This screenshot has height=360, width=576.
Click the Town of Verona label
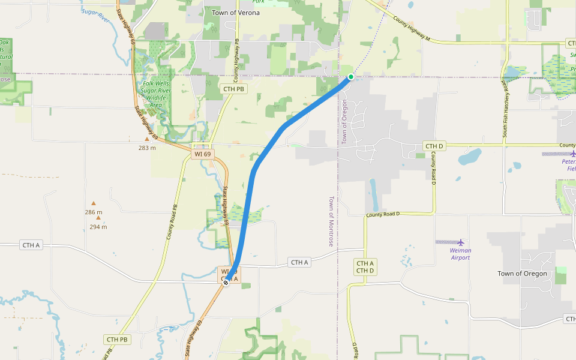(236, 12)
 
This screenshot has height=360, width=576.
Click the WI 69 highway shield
(202, 154)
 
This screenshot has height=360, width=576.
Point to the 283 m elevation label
(147, 148)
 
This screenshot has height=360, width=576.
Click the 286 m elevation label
(93, 212)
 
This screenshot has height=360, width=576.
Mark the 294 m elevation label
(98, 227)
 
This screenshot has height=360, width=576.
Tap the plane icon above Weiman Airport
(461, 242)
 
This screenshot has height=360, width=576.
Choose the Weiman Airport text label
(460, 254)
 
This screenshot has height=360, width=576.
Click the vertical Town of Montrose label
(330, 221)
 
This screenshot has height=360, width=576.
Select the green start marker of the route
(351, 77)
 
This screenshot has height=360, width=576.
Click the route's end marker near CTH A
(226, 282)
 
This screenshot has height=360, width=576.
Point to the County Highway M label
(412, 29)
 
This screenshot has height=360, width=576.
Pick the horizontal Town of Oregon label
(522, 274)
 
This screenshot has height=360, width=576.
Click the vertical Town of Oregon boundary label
(344, 121)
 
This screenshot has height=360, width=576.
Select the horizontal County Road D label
(382, 214)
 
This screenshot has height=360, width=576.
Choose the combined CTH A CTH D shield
(365, 267)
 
